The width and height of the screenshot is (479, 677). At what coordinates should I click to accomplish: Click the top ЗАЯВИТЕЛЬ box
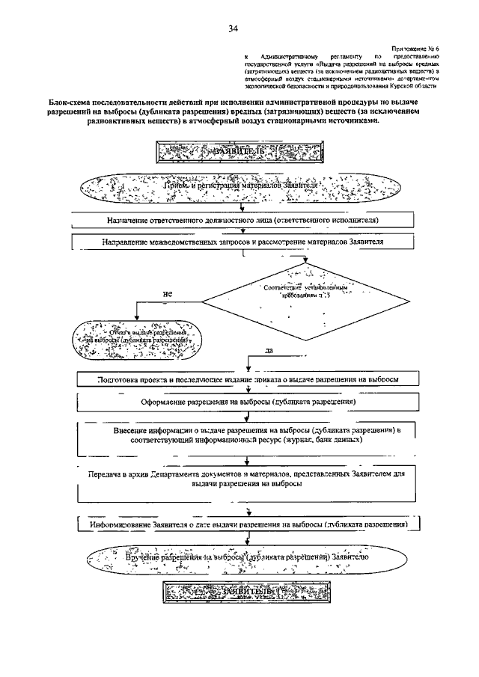coord(239,152)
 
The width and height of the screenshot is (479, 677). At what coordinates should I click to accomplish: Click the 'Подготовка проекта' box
coord(247,379)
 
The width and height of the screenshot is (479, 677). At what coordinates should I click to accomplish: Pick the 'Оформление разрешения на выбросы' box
coord(247,401)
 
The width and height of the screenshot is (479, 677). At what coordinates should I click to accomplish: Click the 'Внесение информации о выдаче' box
coord(247,437)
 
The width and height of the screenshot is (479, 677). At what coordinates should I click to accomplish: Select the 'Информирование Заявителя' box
coord(247,524)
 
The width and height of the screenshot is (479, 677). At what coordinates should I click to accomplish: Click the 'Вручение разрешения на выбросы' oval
coord(247,558)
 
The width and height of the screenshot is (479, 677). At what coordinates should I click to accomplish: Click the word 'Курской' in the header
coord(403,86)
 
